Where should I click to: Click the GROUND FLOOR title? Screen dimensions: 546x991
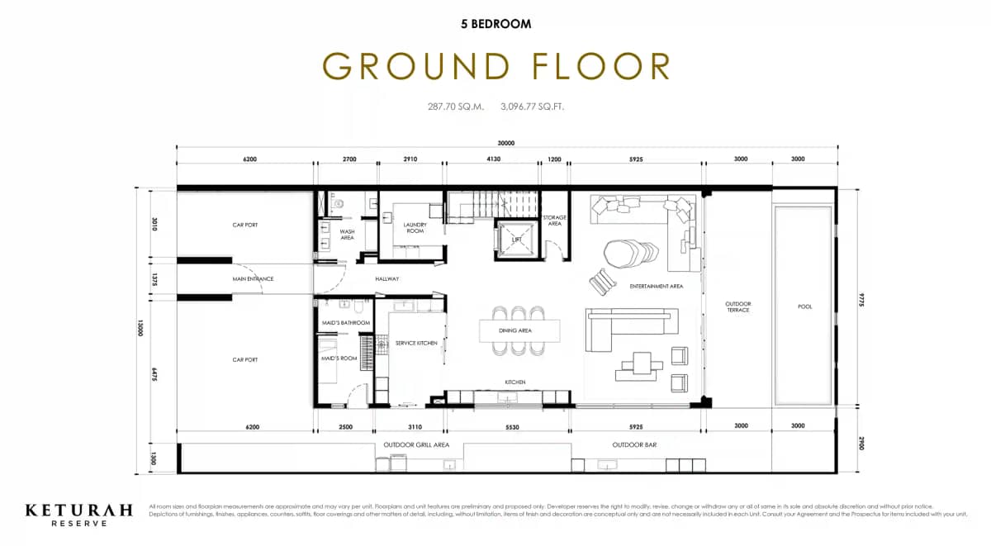point(495,66)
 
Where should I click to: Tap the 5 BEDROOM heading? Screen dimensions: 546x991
point(495,24)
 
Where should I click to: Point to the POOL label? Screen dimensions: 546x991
point(804,306)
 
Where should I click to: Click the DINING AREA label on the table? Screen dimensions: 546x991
point(515,330)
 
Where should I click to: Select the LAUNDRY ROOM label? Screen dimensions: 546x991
point(414,227)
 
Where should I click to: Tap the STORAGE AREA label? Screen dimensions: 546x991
point(553,221)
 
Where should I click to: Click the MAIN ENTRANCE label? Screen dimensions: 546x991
point(253,278)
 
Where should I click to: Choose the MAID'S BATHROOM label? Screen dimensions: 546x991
point(345,322)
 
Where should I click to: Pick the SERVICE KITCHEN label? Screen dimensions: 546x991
point(416,343)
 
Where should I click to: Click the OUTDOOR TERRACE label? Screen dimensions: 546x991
point(737,306)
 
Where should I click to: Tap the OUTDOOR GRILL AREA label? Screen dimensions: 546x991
point(416,444)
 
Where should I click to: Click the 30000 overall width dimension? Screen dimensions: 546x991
point(506,143)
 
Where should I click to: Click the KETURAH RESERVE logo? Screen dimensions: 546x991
point(78,514)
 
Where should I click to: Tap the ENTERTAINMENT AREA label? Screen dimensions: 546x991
point(656,287)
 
